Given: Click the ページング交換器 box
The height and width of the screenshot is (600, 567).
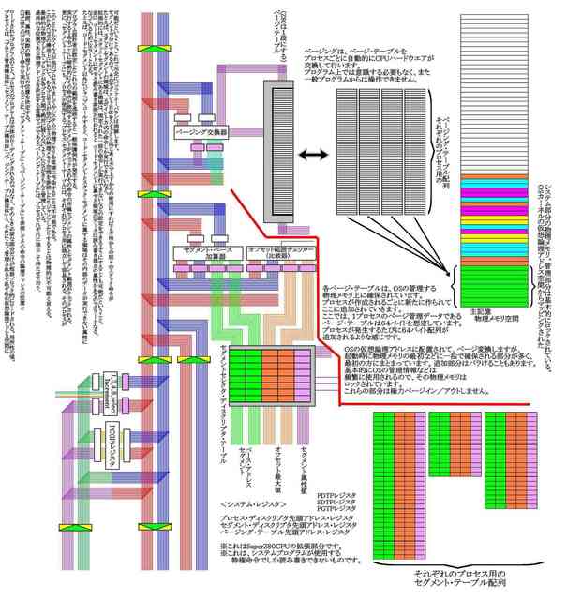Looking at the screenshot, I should tap(201, 132).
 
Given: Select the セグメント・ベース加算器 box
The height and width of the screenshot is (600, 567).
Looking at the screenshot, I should tap(207, 251).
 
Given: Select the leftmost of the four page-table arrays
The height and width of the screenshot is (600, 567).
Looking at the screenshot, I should tap(349, 150).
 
